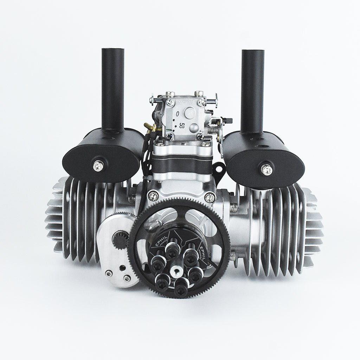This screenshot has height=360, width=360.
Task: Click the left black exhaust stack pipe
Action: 113,91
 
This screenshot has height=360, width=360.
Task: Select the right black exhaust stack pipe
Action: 252,91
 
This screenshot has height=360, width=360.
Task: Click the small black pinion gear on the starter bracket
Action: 118,240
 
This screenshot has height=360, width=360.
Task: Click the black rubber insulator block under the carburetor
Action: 182,166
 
